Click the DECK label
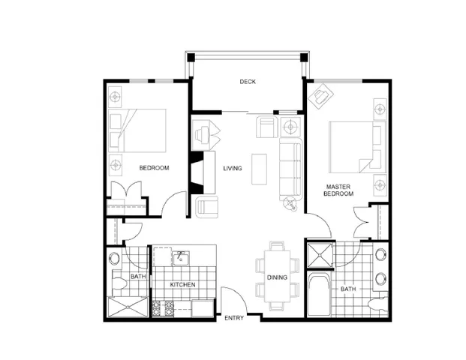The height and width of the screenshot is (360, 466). [248, 82]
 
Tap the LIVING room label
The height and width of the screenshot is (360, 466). [232, 168]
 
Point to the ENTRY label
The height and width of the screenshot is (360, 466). [234, 319]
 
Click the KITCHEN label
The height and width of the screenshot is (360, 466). [182, 286]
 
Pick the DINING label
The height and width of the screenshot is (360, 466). [277, 277]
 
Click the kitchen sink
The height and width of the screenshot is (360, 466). [181, 259]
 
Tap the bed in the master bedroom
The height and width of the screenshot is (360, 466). [352, 147]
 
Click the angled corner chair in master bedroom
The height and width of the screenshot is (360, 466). [323, 96]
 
